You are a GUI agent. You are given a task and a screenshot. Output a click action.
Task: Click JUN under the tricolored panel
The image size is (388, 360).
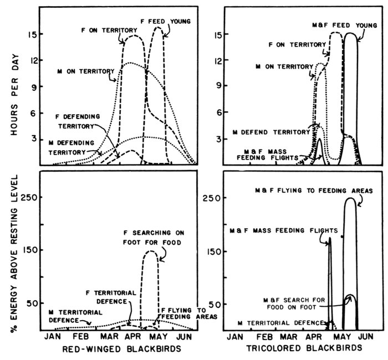(364, 336)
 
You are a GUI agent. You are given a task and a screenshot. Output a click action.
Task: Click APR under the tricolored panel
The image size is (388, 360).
(313, 336)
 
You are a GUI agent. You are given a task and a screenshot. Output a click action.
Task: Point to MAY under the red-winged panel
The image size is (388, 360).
(157, 336)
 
